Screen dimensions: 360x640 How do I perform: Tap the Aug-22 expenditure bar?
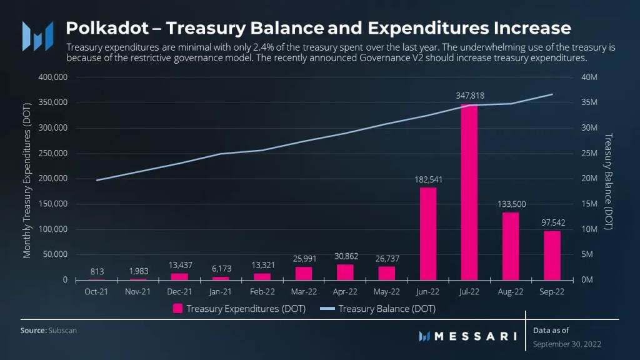click(511, 246)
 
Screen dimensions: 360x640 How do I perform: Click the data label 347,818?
click(469, 96)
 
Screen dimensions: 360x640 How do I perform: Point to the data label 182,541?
click(428, 179)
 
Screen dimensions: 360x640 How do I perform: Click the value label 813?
click(97, 271)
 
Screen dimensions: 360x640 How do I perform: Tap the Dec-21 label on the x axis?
click(179, 291)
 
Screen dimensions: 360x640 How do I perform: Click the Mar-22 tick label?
click(304, 291)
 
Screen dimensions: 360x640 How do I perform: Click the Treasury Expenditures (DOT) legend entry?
click(239, 309)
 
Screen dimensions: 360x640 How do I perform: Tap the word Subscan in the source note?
click(63, 330)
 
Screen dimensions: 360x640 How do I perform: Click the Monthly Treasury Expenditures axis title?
click(27, 179)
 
